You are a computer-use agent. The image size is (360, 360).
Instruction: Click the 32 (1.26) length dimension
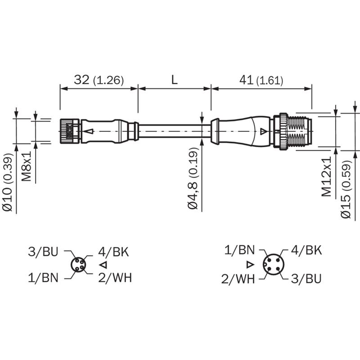tap(99, 80)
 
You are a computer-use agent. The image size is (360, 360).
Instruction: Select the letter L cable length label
tap(175, 80)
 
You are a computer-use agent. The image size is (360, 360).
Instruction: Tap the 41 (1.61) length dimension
tap(261, 80)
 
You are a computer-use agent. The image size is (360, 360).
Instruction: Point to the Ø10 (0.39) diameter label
tap(8, 182)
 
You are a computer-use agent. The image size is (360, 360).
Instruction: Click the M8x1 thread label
tap(27, 166)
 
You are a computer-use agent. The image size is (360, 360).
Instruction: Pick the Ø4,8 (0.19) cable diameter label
tap(193, 178)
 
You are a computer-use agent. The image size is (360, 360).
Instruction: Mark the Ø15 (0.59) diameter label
tap(346, 189)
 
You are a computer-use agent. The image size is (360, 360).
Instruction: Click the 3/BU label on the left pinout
tap(43, 252)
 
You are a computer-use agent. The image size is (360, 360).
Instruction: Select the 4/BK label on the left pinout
tap(113, 252)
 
